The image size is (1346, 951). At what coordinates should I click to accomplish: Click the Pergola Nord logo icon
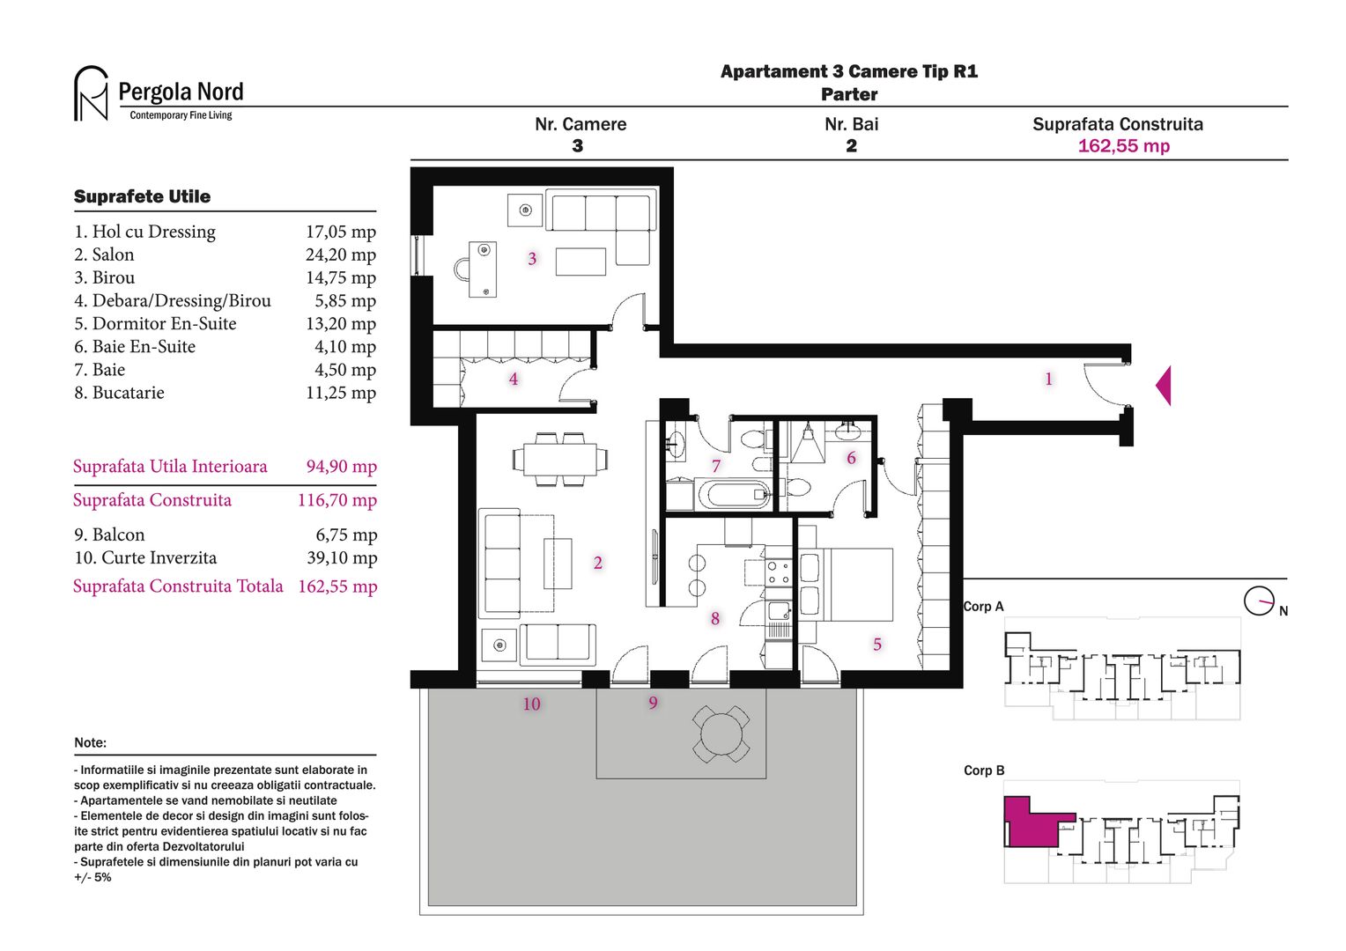pyautogui.click(x=91, y=93)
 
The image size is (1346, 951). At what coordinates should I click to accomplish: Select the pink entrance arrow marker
pyautogui.click(x=1164, y=386)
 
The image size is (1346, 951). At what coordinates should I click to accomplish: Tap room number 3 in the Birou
pyautogui.click(x=532, y=259)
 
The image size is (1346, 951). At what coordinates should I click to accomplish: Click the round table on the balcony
pyautogui.click(x=721, y=734)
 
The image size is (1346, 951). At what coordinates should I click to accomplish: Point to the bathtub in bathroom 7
pyautogui.click(x=733, y=493)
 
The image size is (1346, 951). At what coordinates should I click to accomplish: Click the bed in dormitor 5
pyautogui.click(x=845, y=585)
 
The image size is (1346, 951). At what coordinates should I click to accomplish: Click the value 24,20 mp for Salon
pyautogui.click(x=340, y=255)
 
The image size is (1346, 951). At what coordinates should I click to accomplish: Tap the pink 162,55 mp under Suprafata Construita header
pyautogui.click(x=1123, y=146)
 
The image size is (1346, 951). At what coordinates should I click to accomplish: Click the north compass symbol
pyautogui.click(x=1258, y=601)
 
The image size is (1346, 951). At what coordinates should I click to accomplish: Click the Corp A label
pyautogui.click(x=983, y=607)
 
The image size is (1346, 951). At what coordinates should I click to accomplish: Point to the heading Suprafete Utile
pyautogui.click(x=142, y=196)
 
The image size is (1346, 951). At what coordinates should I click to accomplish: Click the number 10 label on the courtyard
pyautogui.click(x=531, y=704)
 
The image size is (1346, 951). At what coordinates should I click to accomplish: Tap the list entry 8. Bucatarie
pyautogui.click(x=119, y=393)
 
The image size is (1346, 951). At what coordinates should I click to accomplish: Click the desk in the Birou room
pyautogui.click(x=483, y=269)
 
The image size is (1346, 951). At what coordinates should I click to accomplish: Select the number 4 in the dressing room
pyautogui.click(x=514, y=380)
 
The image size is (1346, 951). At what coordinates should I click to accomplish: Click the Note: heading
pyautogui.click(x=90, y=742)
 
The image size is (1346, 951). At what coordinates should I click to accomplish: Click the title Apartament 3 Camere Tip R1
pyautogui.click(x=848, y=72)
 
